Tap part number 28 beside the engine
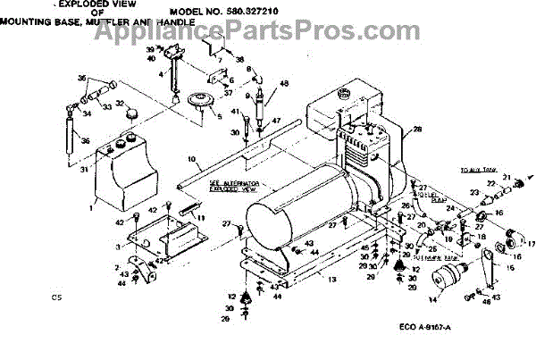coord(417,130)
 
